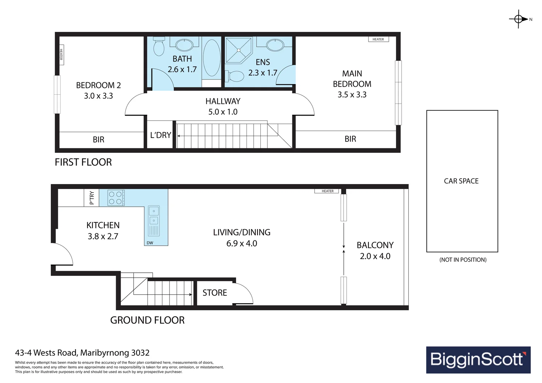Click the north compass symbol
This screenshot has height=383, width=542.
[x=518, y=19]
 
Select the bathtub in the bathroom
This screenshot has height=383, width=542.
[x=211, y=58]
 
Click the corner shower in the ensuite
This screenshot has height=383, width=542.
[x=239, y=50]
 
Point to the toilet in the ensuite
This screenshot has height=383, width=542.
[x=234, y=76]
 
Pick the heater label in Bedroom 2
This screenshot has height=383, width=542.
[x=61, y=55]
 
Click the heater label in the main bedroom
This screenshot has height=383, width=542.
[x=378, y=39]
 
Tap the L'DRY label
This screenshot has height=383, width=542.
[x=161, y=135]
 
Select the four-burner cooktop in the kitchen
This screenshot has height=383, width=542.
[x=116, y=198]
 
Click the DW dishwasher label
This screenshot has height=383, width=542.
[x=150, y=243]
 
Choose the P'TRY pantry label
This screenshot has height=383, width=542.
[x=92, y=198]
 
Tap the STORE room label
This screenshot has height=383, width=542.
[x=215, y=293]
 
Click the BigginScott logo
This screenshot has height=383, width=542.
[x=478, y=360]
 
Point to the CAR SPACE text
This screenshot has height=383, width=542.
[x=461, y=181]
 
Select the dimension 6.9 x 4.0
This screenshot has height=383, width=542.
[x=242, y=243]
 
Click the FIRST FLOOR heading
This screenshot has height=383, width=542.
[x=83, y=162]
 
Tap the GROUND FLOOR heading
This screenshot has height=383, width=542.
[x=147, y=320]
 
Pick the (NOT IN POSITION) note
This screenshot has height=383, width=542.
[x=463, y=260]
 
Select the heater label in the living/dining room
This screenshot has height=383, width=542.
[x=328, y=191]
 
